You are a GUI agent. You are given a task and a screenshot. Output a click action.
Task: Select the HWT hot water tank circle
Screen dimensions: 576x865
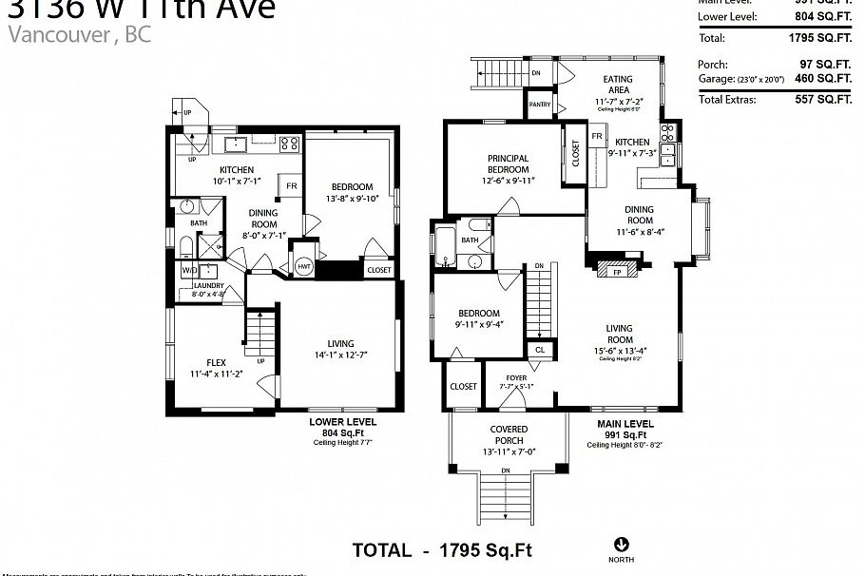click(x=304, y=267)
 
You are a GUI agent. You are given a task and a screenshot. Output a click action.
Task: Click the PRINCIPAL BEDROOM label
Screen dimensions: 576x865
click(x=508, y=164)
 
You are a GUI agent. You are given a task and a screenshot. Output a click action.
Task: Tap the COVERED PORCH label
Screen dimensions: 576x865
click(x=509, y=434)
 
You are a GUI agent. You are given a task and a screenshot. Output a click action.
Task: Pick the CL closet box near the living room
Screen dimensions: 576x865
click(x=540, y=350)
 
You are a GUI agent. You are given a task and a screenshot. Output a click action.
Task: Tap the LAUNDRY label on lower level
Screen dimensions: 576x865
click(x=208, y=285)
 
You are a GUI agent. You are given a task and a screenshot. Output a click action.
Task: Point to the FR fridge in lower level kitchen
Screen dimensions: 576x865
click(x=291, y=184)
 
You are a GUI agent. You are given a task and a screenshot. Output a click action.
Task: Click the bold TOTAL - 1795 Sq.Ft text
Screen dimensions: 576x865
click(x=441, y=549)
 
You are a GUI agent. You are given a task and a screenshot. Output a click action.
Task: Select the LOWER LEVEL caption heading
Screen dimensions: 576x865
click(x=342, y=420)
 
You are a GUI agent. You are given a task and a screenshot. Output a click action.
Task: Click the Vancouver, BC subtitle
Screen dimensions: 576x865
click(x=78, y=35)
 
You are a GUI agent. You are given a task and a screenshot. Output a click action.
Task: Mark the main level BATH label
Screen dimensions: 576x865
click(x=470, y=240)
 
